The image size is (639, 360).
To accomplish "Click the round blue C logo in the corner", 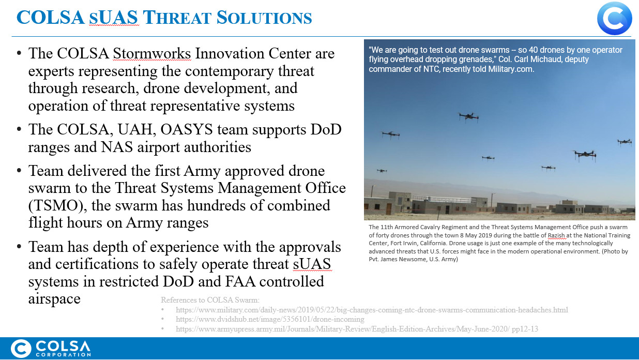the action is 614,18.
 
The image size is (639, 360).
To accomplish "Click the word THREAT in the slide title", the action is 177,18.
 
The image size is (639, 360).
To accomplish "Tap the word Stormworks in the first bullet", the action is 152,53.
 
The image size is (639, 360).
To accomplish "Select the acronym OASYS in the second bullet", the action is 187,130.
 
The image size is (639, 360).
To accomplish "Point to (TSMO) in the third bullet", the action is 57,205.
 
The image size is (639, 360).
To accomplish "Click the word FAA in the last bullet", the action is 240,281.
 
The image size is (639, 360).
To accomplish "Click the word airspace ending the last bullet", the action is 54,299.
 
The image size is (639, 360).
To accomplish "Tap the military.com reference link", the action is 372,310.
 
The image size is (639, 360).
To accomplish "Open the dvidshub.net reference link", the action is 270,319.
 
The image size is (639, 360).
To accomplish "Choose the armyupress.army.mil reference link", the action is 357,329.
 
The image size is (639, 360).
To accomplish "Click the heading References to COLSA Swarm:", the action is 210,300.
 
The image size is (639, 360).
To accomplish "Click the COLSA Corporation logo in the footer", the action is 51,349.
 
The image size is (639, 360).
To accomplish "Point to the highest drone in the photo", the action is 468,117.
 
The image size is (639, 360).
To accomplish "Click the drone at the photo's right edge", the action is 625,142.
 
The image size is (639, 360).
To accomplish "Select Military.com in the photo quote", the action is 511,69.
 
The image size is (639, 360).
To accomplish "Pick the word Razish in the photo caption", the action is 556,235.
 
